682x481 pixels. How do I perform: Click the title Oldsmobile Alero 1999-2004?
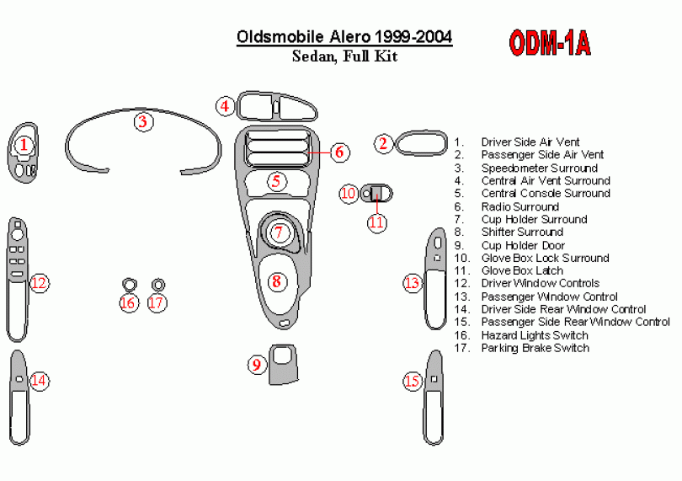pos(344,37)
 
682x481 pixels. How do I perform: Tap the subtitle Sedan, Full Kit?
pos(344,57)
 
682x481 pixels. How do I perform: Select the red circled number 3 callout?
pos(143,121)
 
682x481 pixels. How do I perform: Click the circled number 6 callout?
pos(338,152)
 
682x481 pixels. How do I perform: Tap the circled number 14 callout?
pos(39,381)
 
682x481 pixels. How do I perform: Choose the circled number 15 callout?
pos(412,382)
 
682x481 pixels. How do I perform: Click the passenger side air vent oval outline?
pos(420,142)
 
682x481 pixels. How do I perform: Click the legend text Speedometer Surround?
pos(539,168)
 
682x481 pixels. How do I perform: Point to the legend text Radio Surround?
pos(519,207)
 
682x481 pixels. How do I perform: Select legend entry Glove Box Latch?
pos(522,271)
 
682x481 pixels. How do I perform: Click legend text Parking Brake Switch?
pos(535,349)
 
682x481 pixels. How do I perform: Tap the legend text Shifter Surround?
pos(522,232)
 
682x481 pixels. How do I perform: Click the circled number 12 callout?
pos(39,283)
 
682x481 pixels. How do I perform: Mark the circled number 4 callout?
pos(224,106)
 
